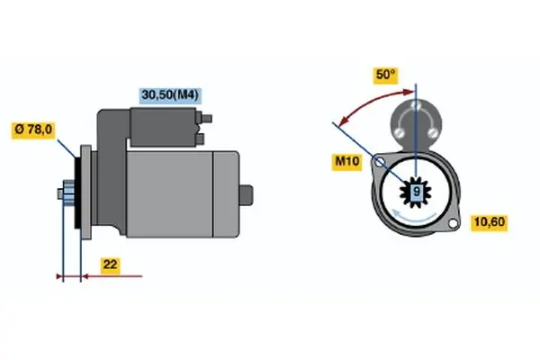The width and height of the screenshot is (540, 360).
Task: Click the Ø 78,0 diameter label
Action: [x=33, y=130]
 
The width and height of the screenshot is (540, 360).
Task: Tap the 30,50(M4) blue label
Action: [x=170, y=94]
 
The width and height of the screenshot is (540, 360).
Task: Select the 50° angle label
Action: [x=386, y=75]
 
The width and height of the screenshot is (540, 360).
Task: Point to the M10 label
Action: [x=346, y=161]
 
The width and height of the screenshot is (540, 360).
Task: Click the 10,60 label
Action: [x=489, y=222]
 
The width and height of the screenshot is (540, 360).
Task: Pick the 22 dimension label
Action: [x=110, y=265]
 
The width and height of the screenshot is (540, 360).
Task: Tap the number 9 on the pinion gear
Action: [x=417, y=191]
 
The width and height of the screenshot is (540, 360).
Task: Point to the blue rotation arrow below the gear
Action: [x=414, y=216]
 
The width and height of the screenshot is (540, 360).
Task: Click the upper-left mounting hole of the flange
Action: [x=380, y=161]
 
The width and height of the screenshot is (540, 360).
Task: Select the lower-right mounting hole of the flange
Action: [x=453, y=223]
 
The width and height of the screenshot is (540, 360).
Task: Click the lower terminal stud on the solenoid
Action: [x=200, y=139]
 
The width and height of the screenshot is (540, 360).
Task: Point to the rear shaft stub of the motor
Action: [x=246, y=194]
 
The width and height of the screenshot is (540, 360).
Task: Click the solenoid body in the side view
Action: [x=163, y=127]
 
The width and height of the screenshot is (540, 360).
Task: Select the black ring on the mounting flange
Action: [x=77, y=191]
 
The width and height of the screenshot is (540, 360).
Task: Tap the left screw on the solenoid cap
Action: [x=400, y=132]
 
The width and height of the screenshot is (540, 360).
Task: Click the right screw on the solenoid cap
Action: [x=433, y=132]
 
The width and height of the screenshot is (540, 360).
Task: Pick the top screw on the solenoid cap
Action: [x=416, y=104]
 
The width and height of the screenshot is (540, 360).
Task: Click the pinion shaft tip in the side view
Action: [x=60, y=194]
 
